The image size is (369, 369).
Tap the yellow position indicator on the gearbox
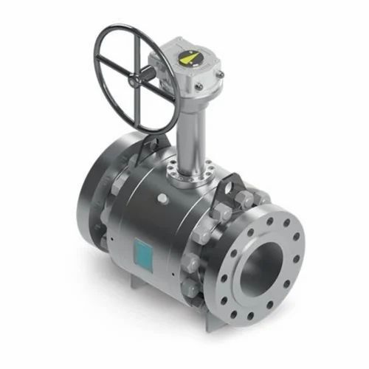(190, 58)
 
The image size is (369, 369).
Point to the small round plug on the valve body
(161, 199)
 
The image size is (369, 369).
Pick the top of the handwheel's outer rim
(125, 28)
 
